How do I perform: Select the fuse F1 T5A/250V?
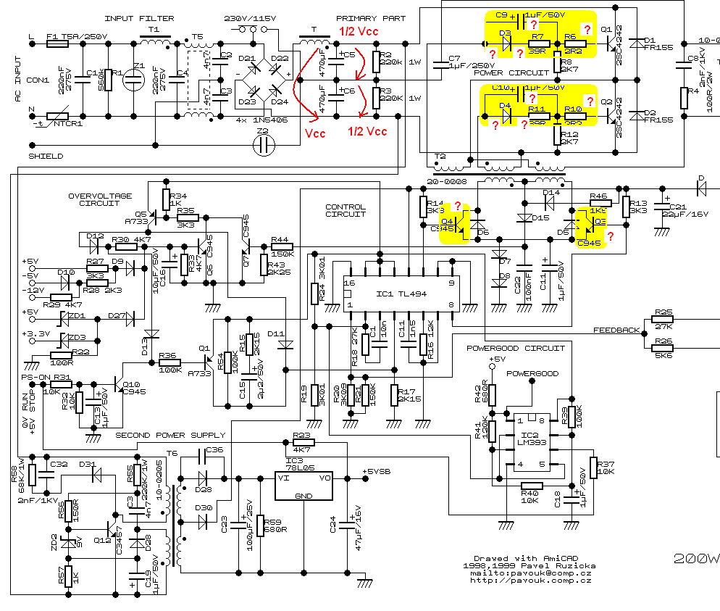pos(57,43)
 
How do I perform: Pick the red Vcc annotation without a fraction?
pos(315,134)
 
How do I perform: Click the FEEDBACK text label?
pos(617,330)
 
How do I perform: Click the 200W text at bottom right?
pos(696,558)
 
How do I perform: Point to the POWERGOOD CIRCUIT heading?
pos(515,348)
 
